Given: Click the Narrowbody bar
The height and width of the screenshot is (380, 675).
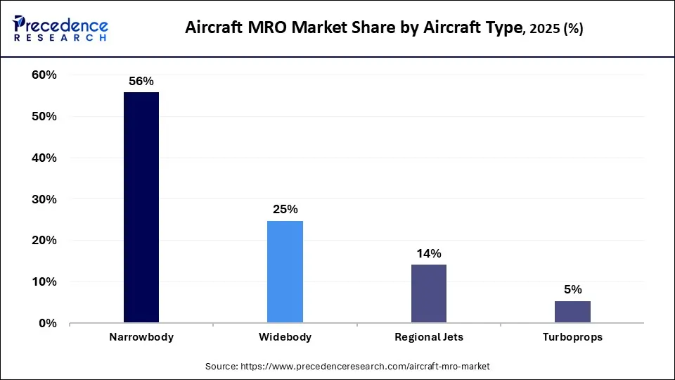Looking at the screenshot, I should pyautogui.click(x=141, y=208).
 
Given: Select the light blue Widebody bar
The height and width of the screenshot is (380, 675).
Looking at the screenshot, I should pyautogui.click(x=285, y=272).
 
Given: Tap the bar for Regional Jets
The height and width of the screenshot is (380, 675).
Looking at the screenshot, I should pyautogui.click(x=428, y=293).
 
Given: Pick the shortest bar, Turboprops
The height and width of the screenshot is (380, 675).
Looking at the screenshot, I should pyautogui.click(x=572, y=312).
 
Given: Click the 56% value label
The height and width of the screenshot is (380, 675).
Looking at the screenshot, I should pyautogui.click(x=141, y=82).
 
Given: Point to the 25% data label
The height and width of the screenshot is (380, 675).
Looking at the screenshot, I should pyautogui.click(x=285, y=210).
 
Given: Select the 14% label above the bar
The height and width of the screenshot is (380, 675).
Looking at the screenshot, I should pyautogui.click(x=428, y=253).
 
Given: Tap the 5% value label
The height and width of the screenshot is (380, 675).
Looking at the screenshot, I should pyautogui.click(x=572, y=290).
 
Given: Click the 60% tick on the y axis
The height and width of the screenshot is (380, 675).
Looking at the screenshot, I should pyautogui.click(x=44, y=75).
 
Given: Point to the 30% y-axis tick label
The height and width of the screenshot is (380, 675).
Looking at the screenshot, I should pyautogui.click(x=44, y=199).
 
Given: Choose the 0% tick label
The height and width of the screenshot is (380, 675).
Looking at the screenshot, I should pyautogui.click(x=47, y=324).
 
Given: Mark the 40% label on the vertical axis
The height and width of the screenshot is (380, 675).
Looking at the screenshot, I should pyautogui.click(x=44, y=158).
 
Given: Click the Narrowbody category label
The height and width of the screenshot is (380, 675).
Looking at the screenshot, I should pyautogui.click(x=141, y=337).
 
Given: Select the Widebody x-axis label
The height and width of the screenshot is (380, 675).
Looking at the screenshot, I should pyautogui.click(x=285, y=337).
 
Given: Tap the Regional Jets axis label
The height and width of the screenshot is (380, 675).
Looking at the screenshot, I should pyautogui.click(x=428, y=337).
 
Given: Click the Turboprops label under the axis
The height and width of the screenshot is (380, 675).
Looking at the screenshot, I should pyautogui.click(x=572, y=337).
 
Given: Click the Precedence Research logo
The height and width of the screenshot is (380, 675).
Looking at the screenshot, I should pyautogui.click(x=60, y=29).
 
